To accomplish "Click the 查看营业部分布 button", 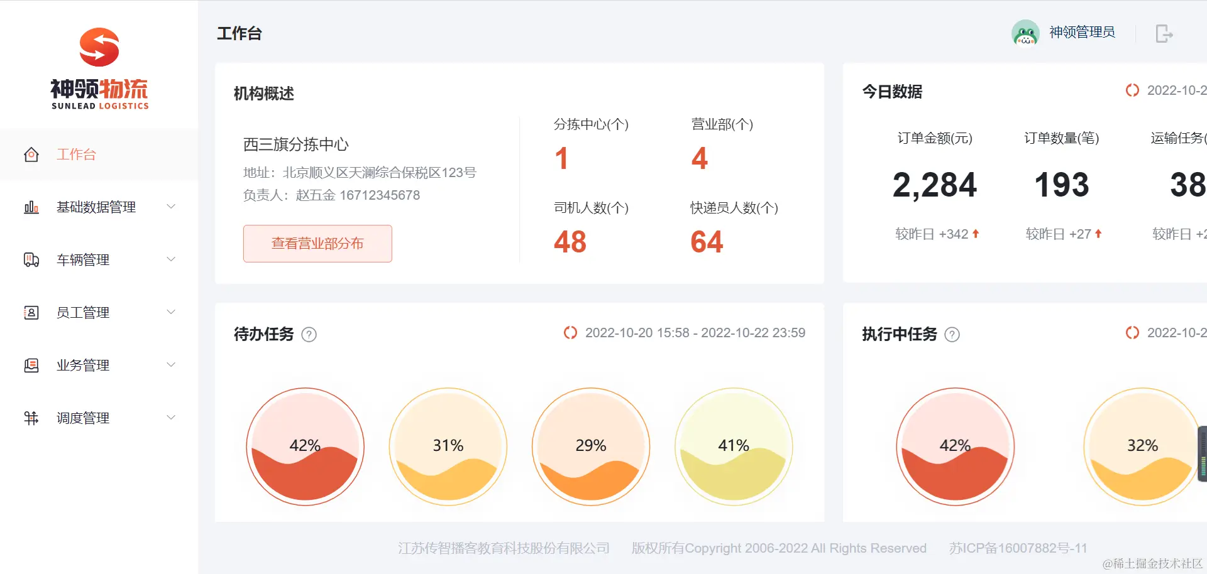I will click(x=317, y=244).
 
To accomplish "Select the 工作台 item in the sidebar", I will click(x=76, y=154).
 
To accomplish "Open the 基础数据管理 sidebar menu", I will click(x=96, y=207).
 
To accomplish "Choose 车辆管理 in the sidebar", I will click(x=83, y=260).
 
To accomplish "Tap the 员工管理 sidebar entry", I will click(x=83, y=313).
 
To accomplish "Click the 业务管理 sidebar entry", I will click(x=83, y=366).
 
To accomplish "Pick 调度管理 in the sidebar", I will click(x=83, y=418).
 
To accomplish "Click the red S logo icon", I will click(x=99, y=47).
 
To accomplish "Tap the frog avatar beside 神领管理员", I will click(x=1025, y=33).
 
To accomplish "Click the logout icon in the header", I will click(x=1164, y=33).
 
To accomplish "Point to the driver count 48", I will click(x=570, y=242).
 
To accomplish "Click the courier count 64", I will click(x=707, y=242).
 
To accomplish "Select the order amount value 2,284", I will click(x=934, y=185).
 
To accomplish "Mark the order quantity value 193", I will click(x=1062, y=185).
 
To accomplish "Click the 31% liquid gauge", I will click(x=448, y=447).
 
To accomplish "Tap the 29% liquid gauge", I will click(x=591, y=447).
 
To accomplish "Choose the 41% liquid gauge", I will click(x=734, y=447).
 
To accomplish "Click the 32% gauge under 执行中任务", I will click(x=1142, y=447).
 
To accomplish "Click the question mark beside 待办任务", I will click(x=309, y=335).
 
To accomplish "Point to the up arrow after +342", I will click(x=976, y=234).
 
